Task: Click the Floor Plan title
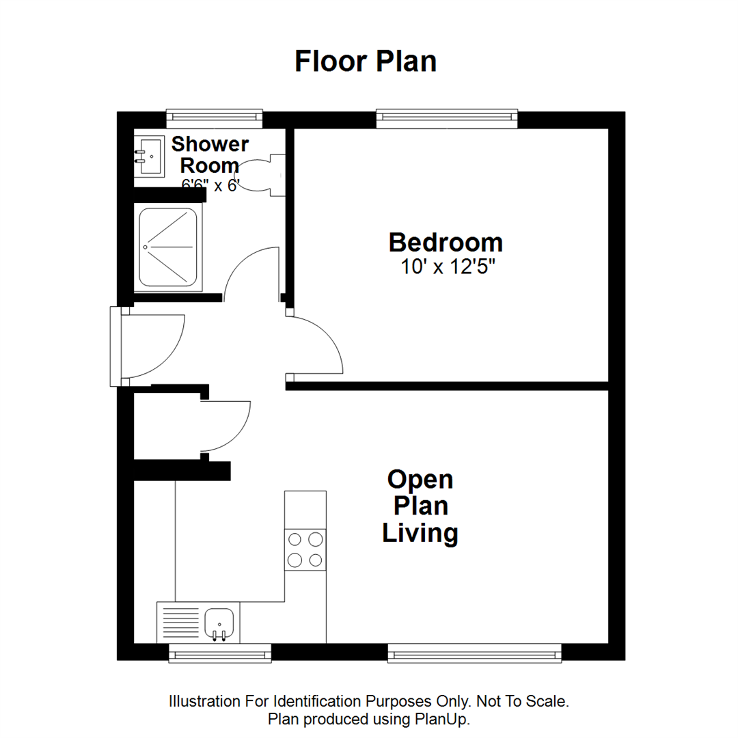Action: pyautogui.click(x=366, y=61)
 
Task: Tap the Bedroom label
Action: pyautogui.click(x=446, y=243)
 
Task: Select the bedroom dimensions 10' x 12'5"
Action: pyautogui.click(x=448, y=267)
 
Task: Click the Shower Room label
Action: pyautogui.click(x=210, y=154)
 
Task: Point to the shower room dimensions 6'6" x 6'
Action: pyautogui.click(x=210, y=185)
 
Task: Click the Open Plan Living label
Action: pyautogui.click(x=420, y=506)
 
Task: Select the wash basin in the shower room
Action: pyautogui.click(x=148, y=156)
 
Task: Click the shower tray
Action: pyautogui.click(x=168, y=247)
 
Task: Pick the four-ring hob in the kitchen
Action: pyautogui.click(x=305, y=549)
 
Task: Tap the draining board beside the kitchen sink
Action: pyautogui.click(x=180, y=623)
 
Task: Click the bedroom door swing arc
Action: pyautogui.click(x=321, y=345)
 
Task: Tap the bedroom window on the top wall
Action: pyautogui.click(x=447, y=118)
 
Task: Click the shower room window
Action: pyautogui.click(x=215, y=118)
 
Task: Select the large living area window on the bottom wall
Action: pyautogui.click(x=474, y=653)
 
